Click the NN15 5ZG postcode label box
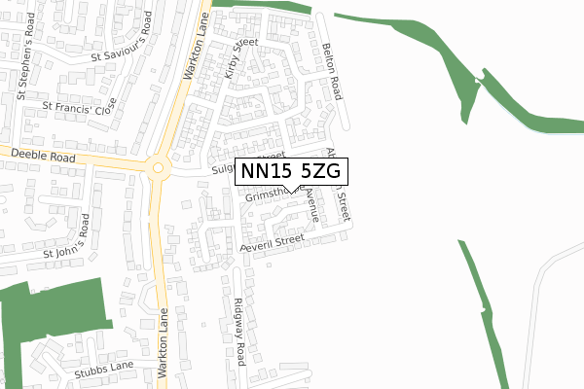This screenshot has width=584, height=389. tap(291, 170)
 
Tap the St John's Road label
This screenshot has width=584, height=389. tap(69, 242)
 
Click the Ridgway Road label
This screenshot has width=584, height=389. tap(240, 332)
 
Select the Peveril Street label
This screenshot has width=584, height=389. tap(276, 242)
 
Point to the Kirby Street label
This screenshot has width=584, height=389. tap(238, 59)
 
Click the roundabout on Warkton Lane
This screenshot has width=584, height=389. tap(158, 167)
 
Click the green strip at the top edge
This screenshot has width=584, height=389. tap(263, 5)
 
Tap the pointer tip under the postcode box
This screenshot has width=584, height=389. tap(291, 191)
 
